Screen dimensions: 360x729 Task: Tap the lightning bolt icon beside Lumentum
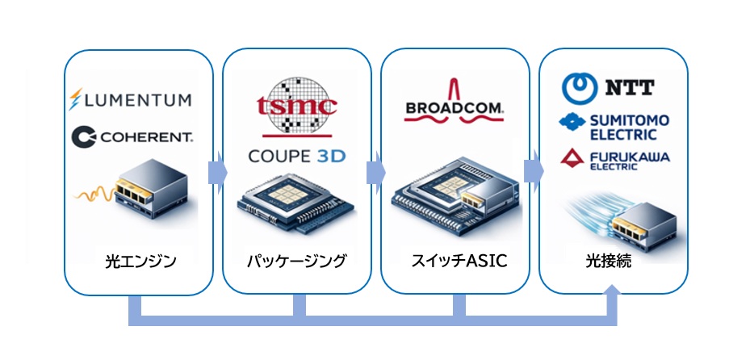(x=76, y=101)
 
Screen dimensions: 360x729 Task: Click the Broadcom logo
(x=455, y=107)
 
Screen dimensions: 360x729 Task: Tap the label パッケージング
(x=296, y=262)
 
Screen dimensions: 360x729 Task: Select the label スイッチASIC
(x=455, y=262)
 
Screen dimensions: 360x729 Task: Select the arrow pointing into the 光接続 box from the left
(x=533, y=172)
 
